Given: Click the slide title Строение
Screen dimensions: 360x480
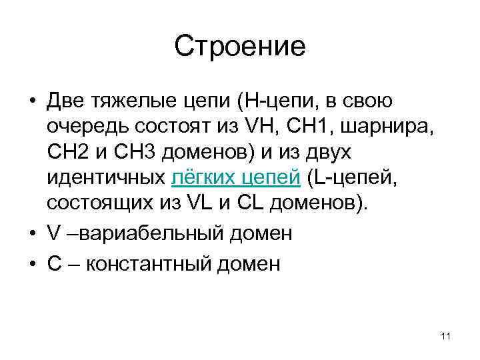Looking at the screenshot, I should pyautogui.click(x=240, y=47).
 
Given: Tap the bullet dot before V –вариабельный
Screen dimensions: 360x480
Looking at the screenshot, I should pyautogui.click(x=33, y=234).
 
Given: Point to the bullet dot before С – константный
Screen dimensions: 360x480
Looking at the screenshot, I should pyautogui.click(x=33, y=265).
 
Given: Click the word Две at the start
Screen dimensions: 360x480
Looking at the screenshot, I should pyautogui.click(x=66, y=102).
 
